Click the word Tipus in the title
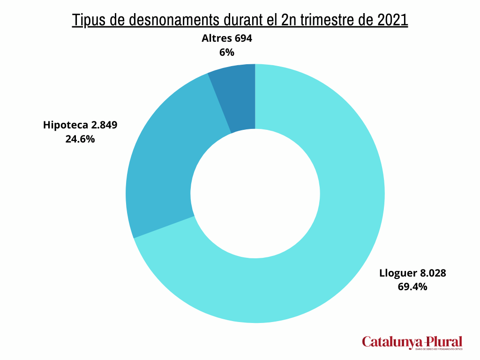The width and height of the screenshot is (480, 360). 89,21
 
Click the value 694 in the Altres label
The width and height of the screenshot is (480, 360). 243,38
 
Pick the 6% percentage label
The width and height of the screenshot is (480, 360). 226,52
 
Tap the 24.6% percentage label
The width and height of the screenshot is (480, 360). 80,139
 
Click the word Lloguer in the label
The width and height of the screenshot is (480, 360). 397,273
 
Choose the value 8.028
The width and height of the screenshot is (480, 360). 432,273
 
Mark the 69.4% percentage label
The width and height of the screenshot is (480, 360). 412,287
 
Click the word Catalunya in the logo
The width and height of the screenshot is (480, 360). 390,342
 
